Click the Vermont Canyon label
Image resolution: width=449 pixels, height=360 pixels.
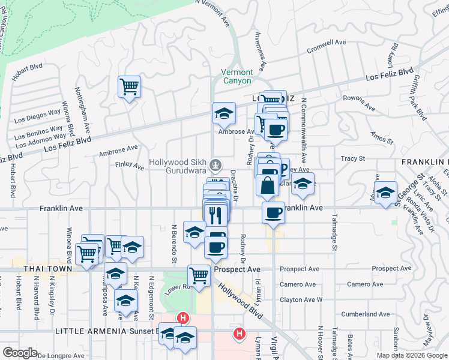[237, 76]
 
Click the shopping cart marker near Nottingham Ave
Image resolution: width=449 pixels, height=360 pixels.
[129, 87]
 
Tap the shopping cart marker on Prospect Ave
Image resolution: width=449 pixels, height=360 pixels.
[199, 275]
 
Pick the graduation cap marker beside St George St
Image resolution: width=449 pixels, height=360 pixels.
[387, 192]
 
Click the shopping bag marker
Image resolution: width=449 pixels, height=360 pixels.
[267, 185]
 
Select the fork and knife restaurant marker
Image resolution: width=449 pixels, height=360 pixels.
[215, 214]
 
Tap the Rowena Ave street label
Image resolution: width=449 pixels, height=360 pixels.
[359, 103]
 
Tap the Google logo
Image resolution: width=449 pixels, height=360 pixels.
[20, 352]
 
